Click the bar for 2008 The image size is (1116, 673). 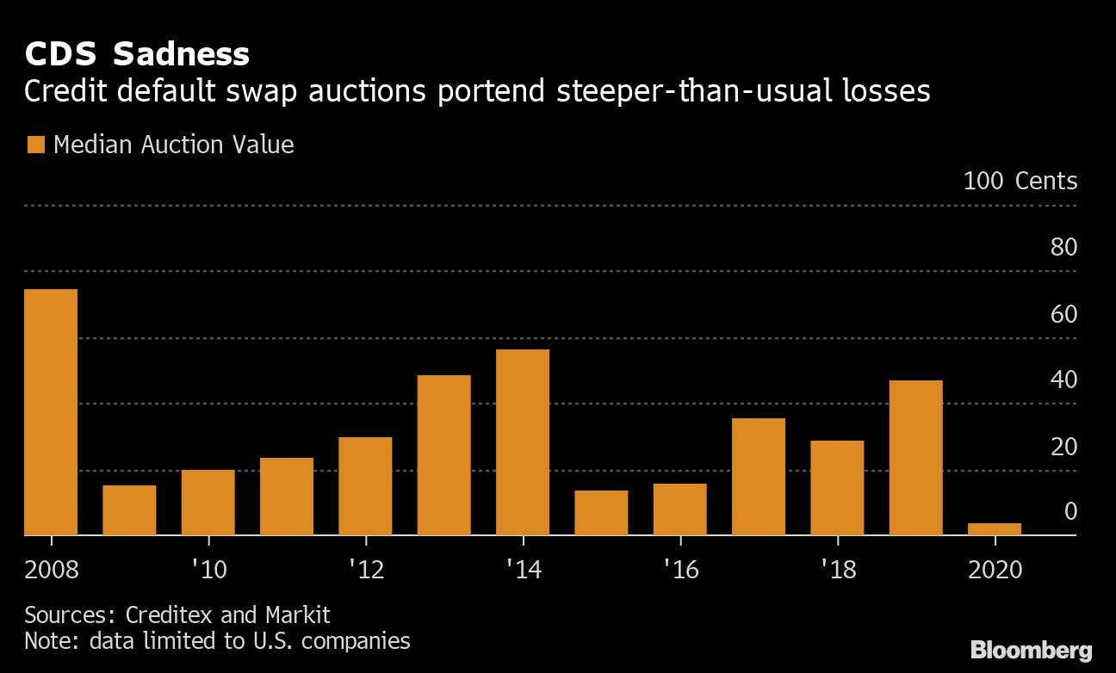[x=51, y=412]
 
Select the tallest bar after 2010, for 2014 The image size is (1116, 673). [x=523, y=442]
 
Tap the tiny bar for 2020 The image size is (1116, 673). [x=995, y=528]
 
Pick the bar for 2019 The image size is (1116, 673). [x=915, y=458]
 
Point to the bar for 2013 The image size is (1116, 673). [x=444, y=455]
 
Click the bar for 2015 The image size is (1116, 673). [x=601, y=513]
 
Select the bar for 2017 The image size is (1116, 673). [x=759, y=477]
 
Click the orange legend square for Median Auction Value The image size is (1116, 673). [x=35, y=145]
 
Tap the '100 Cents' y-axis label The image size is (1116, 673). [x=1020, y=182]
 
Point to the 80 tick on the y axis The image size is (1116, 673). [x=1063, y=248]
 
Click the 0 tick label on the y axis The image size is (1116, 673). [x=1070, y=512]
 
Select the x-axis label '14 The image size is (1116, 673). [x=523, y=571]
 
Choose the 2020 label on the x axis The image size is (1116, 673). [x=995, y=571]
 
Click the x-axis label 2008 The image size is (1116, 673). [x=52, y=571]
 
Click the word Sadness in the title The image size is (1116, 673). [x=181, y=55]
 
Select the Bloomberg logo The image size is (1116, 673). [x=1031, y=650]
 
